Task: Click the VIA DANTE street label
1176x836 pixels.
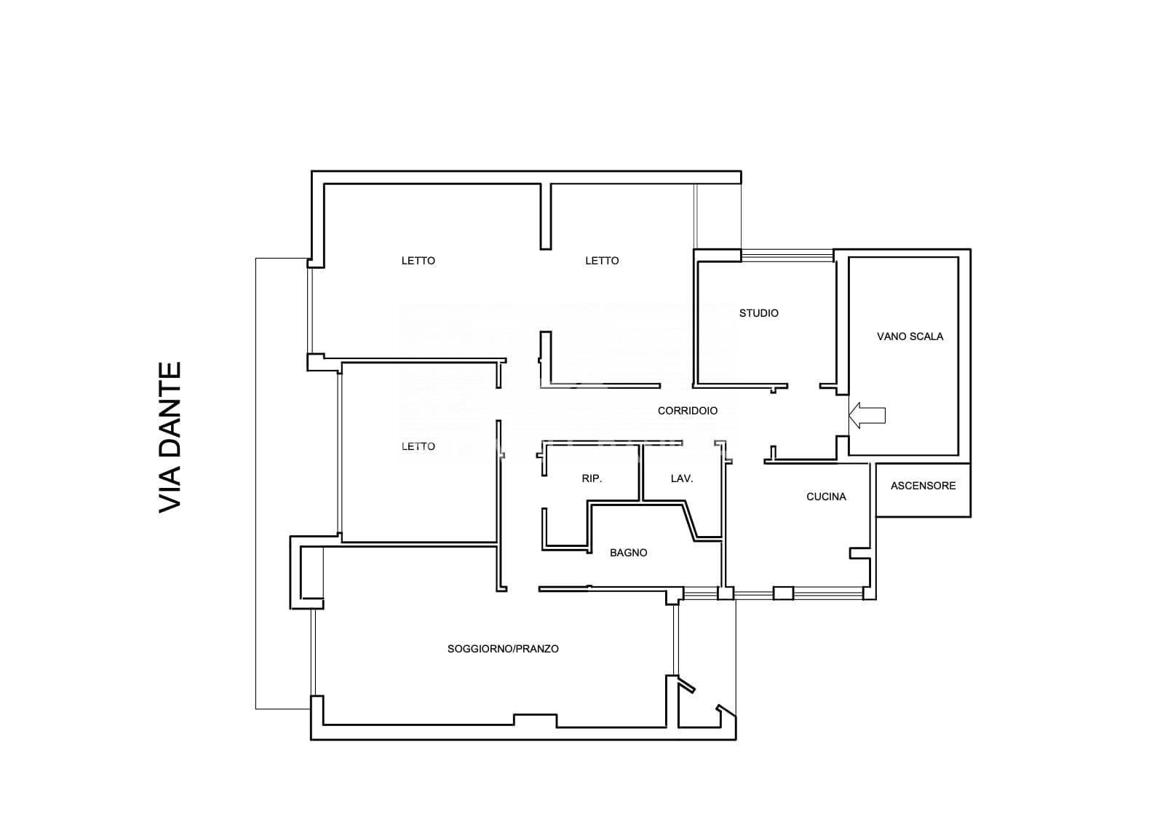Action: pos(170,437)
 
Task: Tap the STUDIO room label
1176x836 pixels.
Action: pos(758,313)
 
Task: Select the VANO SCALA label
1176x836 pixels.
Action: pos(910,336)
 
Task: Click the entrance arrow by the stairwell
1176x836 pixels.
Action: pos(867,415)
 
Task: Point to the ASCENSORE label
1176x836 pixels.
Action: pos(923,486)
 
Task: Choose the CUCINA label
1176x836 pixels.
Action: pos(826,497)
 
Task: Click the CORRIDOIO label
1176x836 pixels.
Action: pos(687,411)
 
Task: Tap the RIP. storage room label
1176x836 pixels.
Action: pos(592,478)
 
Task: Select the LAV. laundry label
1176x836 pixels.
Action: pos(681,478)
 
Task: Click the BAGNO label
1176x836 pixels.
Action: pos(628,553)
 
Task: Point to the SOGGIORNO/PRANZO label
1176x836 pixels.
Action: pos(502,649)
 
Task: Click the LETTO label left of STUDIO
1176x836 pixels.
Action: pos(602,261)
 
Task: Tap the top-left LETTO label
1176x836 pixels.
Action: pos(418,261)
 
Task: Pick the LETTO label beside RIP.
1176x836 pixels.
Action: pos(418,446)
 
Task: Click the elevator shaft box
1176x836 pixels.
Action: pos(923,489)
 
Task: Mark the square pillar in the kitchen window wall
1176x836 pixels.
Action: pos(783,594)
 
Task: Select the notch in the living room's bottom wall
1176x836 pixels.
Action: pos(534,720)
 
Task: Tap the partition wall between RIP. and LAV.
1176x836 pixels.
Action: pos(641,473)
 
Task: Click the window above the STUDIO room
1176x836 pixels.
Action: pos(787,256)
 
